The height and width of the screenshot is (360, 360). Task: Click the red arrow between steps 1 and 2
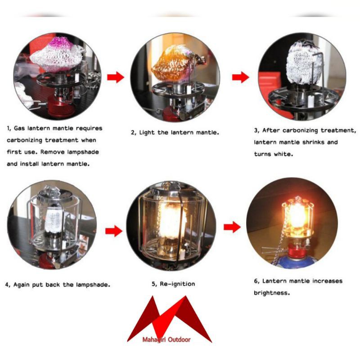pyautogui.click(x=116, y=77)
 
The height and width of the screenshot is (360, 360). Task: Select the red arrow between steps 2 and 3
pyautogui.click(x=240, y=77)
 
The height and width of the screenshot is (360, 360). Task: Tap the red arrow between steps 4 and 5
pyautogui.click(x=114, y=231)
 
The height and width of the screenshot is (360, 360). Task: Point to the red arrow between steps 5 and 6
pyautogui.click(x=232, y=227)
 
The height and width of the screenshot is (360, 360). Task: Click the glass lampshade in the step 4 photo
pyautogui.click(x=54, y=220)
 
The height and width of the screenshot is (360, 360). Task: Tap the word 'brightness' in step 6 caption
pyautogui.click(x=272, y=293)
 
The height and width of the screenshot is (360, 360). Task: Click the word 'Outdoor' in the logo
pyautogui.click(x=179, y=340)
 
